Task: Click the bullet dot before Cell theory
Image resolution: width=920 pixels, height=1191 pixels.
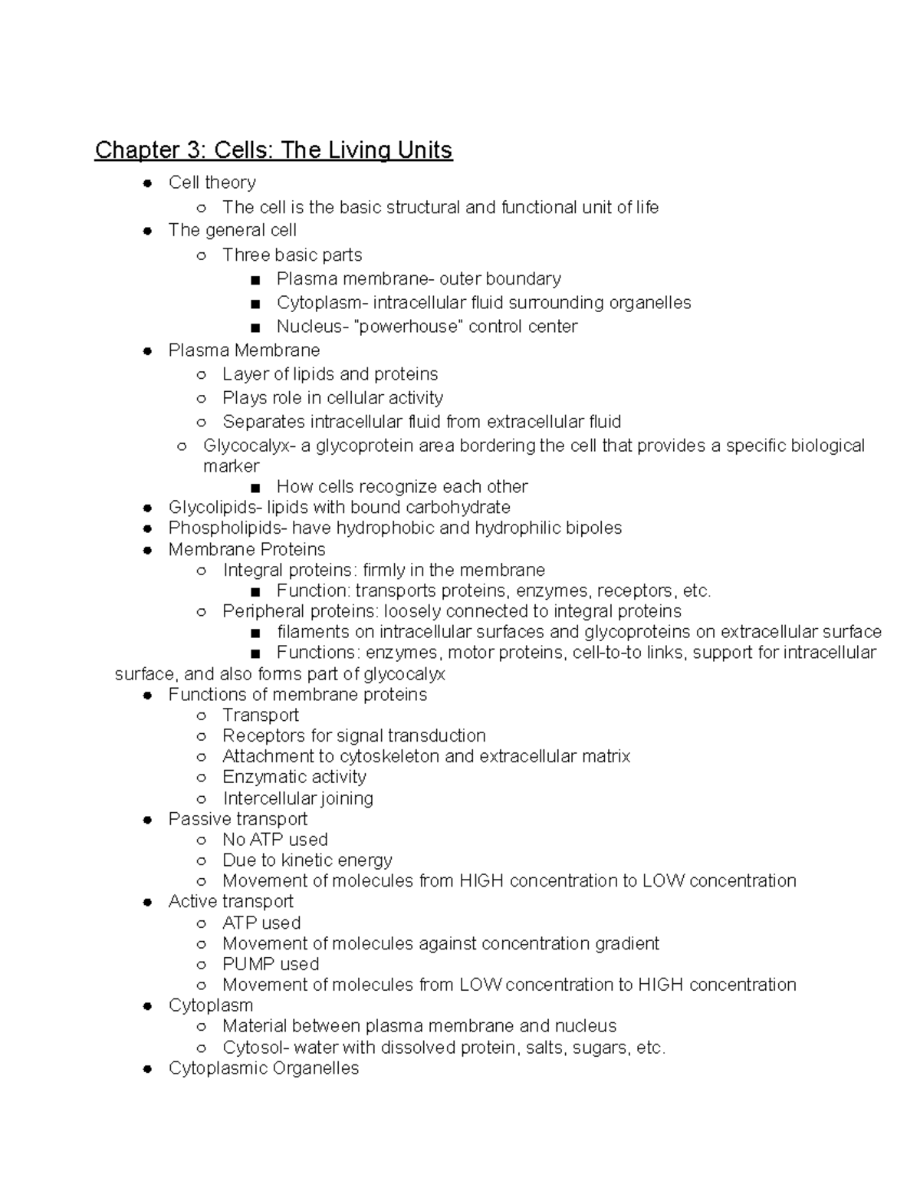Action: pyautogui.click(x=147, y=183)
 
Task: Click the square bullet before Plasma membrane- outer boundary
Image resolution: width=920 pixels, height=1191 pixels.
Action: pyautogui.click(x=255, y=280)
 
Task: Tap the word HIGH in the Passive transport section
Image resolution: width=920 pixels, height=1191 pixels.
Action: pyautogui.click(x=481, y=881)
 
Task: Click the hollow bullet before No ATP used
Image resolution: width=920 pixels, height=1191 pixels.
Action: pyautogui.click(x=201, y=841)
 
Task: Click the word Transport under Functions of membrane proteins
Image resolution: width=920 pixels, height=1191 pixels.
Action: pyautogui.click(x=261, y=716)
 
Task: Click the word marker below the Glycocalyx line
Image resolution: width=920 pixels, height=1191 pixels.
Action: pyautogui.click(x=231, y=466)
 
